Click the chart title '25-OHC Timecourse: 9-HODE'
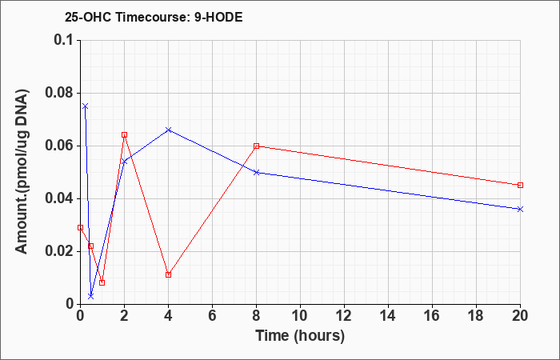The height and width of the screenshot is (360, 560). click(x=154, y=17)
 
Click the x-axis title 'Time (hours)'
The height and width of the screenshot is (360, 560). click(x=300, y=336)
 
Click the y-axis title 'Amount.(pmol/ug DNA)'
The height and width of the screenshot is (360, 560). click(x=22, y=171)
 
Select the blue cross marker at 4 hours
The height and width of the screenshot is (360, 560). click(x=169, y=130)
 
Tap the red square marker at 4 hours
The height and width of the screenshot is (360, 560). click(x=169, y=274)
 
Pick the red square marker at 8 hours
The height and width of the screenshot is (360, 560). click(x=257, y=146)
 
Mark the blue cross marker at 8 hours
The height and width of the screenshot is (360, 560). click(x=257, y=173)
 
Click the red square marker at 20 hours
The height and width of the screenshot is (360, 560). click(x=520, y=185)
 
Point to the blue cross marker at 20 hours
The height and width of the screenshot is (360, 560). click(x=520, y=209)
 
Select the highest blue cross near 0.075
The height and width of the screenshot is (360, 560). click(x=86, y=106)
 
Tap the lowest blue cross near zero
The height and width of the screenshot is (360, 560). click(x=91, y=296)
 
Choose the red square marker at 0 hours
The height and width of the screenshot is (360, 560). click(x=80, y=227)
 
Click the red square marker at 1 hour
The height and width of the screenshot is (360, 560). click(x=102, y=282)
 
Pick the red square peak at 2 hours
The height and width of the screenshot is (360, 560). click(x=124, y=134)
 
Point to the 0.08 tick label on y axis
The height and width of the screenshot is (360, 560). click(x=61, y=93)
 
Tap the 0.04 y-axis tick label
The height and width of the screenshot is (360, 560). click(x=61, y=198)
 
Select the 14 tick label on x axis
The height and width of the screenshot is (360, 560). click(x=388, y=316)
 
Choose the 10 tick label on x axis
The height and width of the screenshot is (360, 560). click(x=300, y=316)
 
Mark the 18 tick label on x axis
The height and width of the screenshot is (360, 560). click(x=476, y=316)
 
